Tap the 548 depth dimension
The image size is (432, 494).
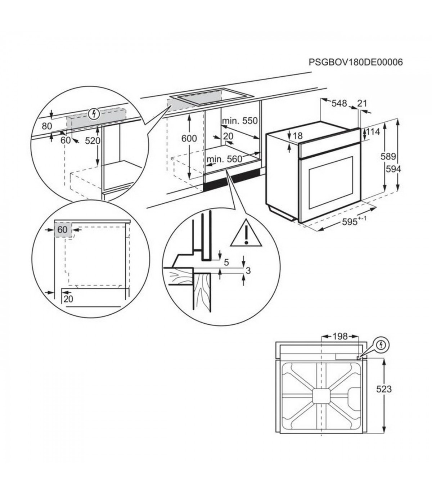click(x=339, y=104)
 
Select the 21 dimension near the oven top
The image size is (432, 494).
click(x=362, y=104)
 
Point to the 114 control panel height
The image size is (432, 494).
click(x=373, y=132)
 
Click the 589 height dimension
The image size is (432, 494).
click(x=389, y=157)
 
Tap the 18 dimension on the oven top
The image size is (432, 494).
click(x=298, y=136)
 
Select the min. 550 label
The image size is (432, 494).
click(x=239, y=121)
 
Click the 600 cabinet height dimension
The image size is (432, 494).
click(x=189, y=138)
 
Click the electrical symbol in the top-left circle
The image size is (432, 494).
click(x=94, y=114)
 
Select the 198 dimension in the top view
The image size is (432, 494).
click(x=340, y=337)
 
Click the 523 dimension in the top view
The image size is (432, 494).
click(x=384, y=389)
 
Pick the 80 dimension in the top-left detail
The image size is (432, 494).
click(x=47, y=126)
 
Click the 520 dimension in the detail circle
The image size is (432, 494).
click(x=92, y=141)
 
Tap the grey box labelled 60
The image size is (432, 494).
click(x=63, y=229)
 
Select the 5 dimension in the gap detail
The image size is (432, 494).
click(x=226, y=262)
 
